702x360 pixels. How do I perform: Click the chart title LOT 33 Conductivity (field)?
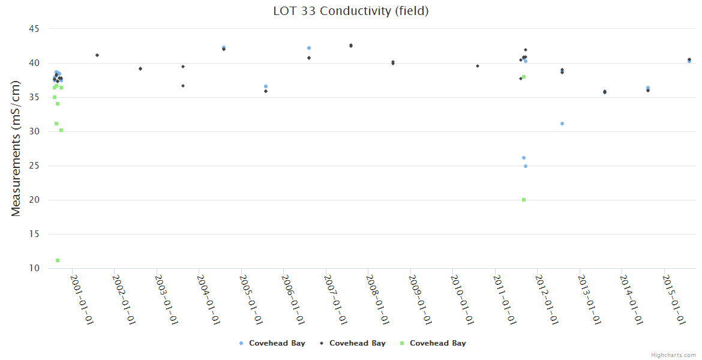pyautogui.click(x=350, y=11)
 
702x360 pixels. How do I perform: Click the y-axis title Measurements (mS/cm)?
pyautogui.click(x=16, y=148)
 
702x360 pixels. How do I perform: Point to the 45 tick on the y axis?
pyautogui.click(x=34, y=29)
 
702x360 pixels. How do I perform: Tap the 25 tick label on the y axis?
pyautogui.click(x=34, y=166)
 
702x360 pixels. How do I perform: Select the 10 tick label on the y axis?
pyautogui.click(x=34, y=268)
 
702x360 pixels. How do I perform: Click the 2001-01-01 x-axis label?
pyautogui.click(x=82, y=300)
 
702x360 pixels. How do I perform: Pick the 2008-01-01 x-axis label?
pyautogui.click(x=378, y=300)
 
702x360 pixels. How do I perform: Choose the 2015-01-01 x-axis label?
pyautogui.click(x=674, y=300)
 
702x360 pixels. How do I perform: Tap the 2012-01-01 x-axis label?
pyautogui.click(x=547, y=300)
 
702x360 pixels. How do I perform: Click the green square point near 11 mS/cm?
pyautogui.click(x=58, y=260)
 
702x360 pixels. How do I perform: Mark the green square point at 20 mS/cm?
pyautogui.click(x=524, y=200)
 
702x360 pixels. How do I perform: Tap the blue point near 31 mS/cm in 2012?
pyautogui.click(x=562, y=124)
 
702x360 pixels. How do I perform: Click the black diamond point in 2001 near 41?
pyautogui.click(x=97, y=55)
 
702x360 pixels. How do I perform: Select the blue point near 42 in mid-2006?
pyautogui.click(x=309, y=48)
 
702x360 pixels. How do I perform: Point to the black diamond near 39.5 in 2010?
pyautogui.click(x=478, y=66)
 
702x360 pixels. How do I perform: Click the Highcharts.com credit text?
pyautogui.click(x=673, y=355)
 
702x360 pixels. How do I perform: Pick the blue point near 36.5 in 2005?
pyautogui.click(x=266, y=86)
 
